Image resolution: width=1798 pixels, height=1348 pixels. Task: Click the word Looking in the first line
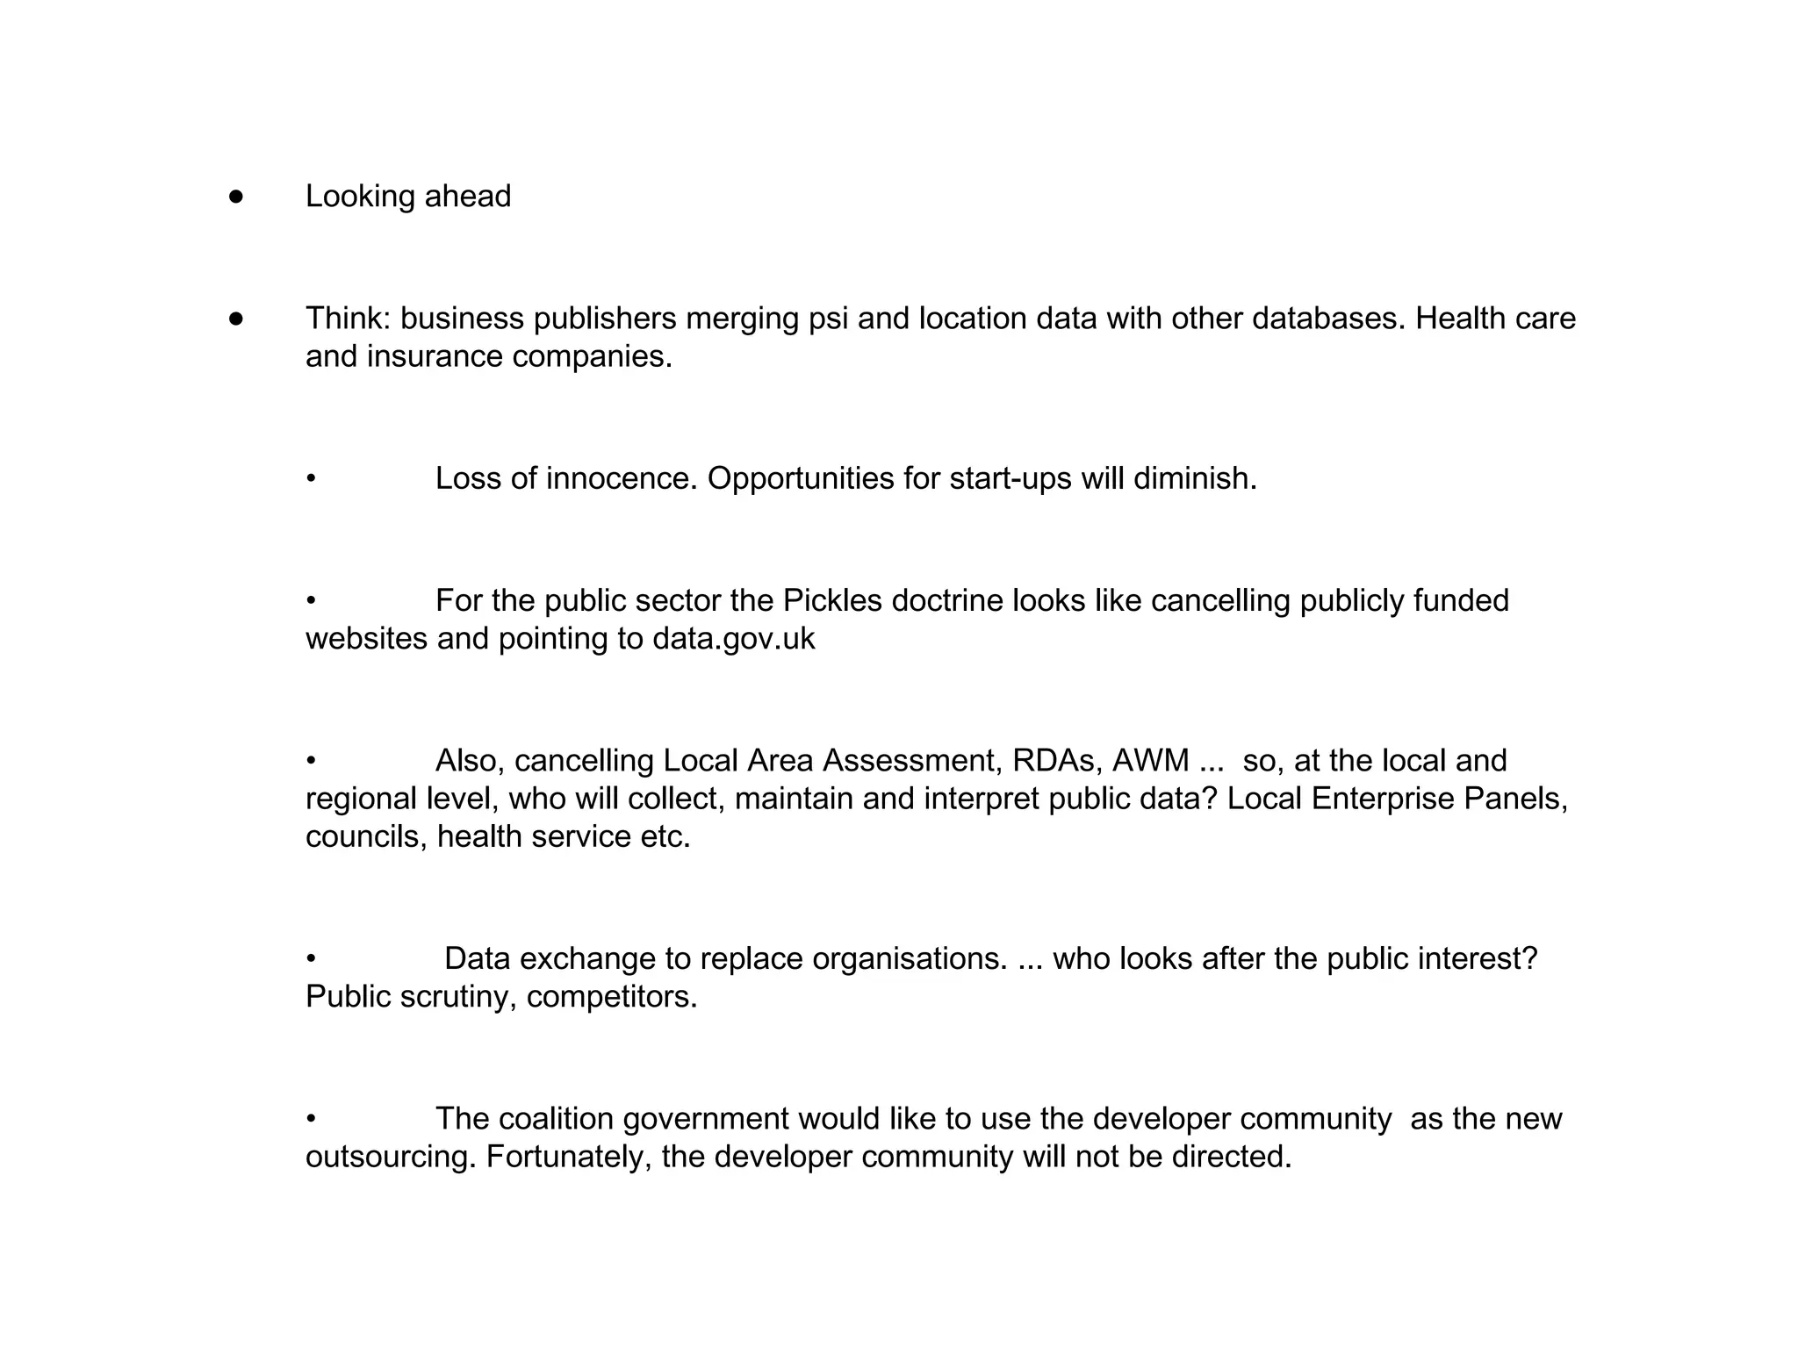(360, 197)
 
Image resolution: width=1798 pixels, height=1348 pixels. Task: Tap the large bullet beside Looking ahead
(235, 197)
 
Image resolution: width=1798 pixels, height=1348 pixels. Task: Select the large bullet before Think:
(235, 319)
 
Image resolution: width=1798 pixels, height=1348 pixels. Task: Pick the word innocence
(621, 478)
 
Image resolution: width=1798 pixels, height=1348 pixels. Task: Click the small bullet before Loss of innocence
(311, 479)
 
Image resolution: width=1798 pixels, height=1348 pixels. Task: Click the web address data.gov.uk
(733, 639)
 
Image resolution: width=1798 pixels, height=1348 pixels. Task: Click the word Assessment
(911, 760)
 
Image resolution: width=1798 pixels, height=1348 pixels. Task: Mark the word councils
(366, 837)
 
